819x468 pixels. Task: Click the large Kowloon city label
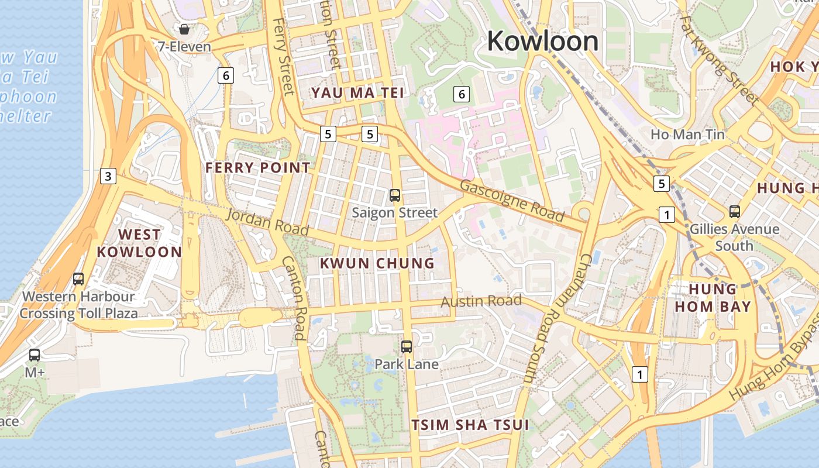point(542,41)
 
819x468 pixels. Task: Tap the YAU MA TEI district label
point(357,92)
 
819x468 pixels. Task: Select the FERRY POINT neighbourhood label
point(258,167)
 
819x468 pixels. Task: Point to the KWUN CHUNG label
point(377,263)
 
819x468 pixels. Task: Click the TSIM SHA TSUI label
point(470,425)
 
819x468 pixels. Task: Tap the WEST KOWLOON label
point(139,243)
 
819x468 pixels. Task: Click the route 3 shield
point(108,175)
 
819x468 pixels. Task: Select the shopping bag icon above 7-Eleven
point(184,29)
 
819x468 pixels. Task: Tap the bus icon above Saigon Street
point(395,195)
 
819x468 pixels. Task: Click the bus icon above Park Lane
point(407,347)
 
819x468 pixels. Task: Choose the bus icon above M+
point(35,355)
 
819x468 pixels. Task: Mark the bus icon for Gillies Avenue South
point(734,212)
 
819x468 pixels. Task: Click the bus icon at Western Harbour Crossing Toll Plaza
point(78,279)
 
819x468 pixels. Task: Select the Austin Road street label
point(481,301)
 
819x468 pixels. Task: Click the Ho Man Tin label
point(687,135)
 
